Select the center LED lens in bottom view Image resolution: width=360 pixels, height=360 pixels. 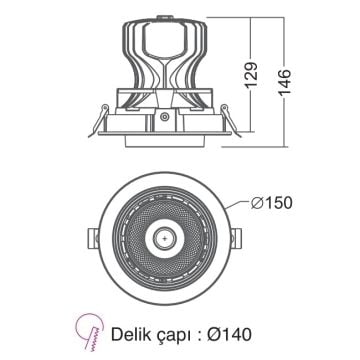click(x=163, y=239)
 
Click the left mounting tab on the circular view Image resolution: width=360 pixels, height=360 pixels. click(x=88, y=238)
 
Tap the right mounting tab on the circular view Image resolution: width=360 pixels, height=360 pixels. click(x=238, y=238)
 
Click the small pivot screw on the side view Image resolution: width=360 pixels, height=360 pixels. click(x=163, y=117)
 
